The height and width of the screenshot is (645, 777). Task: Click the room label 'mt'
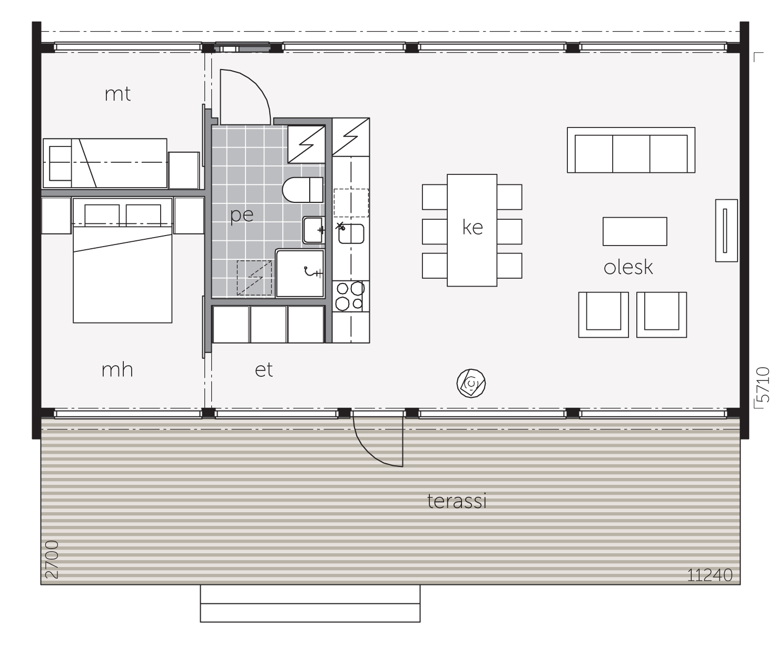point(117,94)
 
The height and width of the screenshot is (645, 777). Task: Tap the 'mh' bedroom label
point(117,369)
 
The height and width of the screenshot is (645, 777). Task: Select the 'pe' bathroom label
point(242,215)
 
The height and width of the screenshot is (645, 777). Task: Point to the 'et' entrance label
point(264,370)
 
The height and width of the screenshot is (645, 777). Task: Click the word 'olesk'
point(628,267)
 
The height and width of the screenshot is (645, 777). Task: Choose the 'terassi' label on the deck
point(457,501)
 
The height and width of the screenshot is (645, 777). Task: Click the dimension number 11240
point(710,575)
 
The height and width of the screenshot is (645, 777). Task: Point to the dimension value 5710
point(763,385)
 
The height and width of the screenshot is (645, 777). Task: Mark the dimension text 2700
point(52,560)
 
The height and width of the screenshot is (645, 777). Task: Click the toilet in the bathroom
point(302,190)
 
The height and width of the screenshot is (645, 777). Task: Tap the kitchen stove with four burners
point(350,296)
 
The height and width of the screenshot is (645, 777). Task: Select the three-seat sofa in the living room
point(631,150)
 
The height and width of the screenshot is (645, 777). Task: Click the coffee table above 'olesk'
point(635,231)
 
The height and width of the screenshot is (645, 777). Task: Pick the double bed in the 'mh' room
point(122,260)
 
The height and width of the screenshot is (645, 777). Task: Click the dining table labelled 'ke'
point(472,230)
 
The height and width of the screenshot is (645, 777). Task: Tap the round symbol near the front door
point(471,383)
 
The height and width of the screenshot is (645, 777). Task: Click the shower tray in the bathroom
point(300,273)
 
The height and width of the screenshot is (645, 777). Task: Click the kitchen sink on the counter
point(351,234)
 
